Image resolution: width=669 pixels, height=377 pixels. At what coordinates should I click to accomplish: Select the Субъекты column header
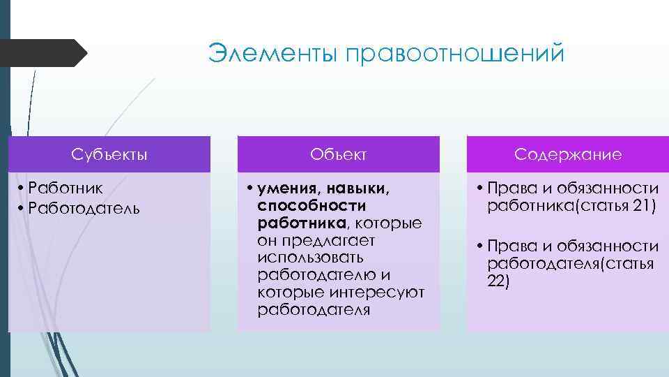click(x=109, y=154)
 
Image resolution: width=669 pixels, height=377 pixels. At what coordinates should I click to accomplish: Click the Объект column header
click(x=339, y=154)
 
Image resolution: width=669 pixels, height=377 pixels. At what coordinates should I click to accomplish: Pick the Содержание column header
click(x=568, y=154)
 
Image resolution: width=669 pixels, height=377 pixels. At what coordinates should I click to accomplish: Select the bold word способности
click(x=312, y=206)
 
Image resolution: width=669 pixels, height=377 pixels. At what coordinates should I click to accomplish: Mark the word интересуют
click(x=382, y=291)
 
